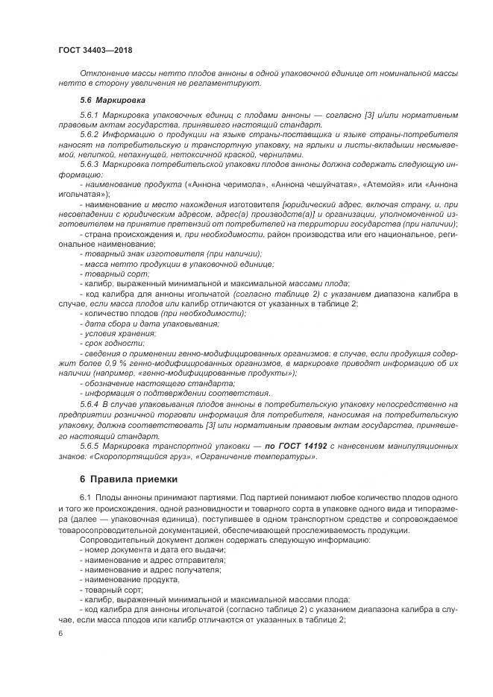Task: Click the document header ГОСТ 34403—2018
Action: [x=95, y=50]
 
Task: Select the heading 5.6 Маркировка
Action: [x=112, y=99]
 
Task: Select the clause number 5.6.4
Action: [x=90, y=403]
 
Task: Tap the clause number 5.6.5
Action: [x=90, y=445]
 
